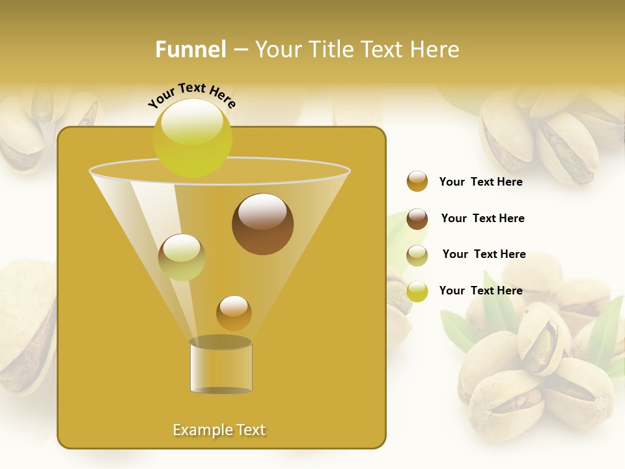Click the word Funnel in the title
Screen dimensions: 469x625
pos(190,50)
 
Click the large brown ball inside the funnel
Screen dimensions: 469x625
pos(262,224)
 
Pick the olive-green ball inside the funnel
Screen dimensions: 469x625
pos(182,257)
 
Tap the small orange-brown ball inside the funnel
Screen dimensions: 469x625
pos(234,313)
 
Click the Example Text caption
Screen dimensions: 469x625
pos(219,430)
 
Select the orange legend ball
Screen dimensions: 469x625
pos(417,182)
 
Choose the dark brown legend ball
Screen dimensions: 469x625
pos(417,219)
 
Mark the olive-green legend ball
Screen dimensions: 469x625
pos(417,255)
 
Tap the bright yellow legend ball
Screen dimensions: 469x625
pos(417,291)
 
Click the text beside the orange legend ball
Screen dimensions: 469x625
pos(480,182)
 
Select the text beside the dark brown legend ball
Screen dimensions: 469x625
pos(482,219)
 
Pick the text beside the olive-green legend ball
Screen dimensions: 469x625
pos(484,255)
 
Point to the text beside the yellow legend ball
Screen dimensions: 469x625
pos(480,291)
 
